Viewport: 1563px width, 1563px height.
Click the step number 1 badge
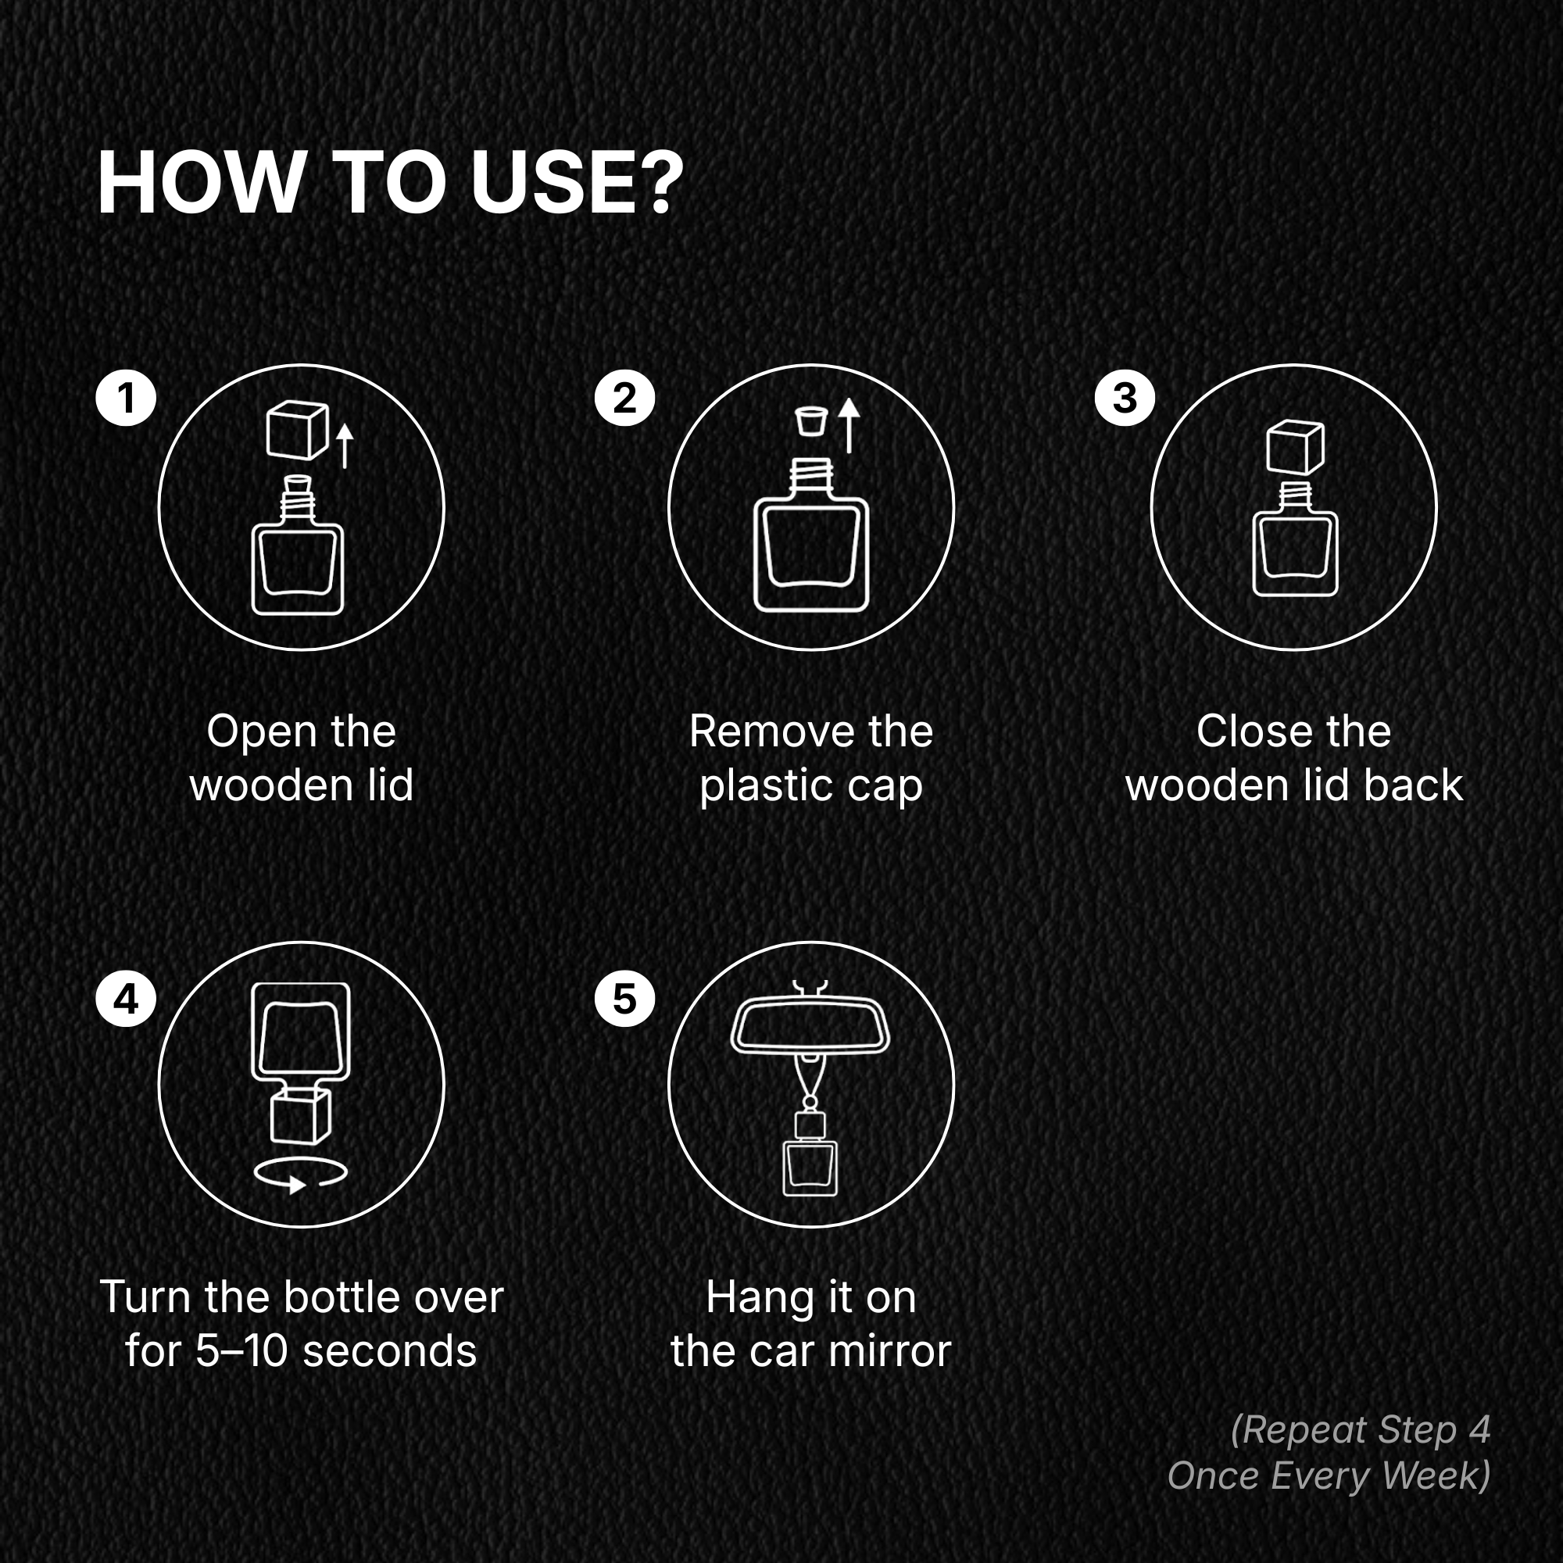(125, 397)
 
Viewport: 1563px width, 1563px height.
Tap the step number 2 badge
(624, 397)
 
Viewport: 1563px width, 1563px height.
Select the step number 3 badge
(1125, 397)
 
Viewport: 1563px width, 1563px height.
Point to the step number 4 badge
(125, 998)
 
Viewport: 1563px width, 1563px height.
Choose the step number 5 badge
(624, 998)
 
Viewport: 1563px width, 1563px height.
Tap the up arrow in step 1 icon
(345, 445)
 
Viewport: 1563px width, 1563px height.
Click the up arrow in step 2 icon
(848, 424)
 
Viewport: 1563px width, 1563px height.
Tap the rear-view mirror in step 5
(810, 1027)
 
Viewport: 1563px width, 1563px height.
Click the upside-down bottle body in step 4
(301, 1032)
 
